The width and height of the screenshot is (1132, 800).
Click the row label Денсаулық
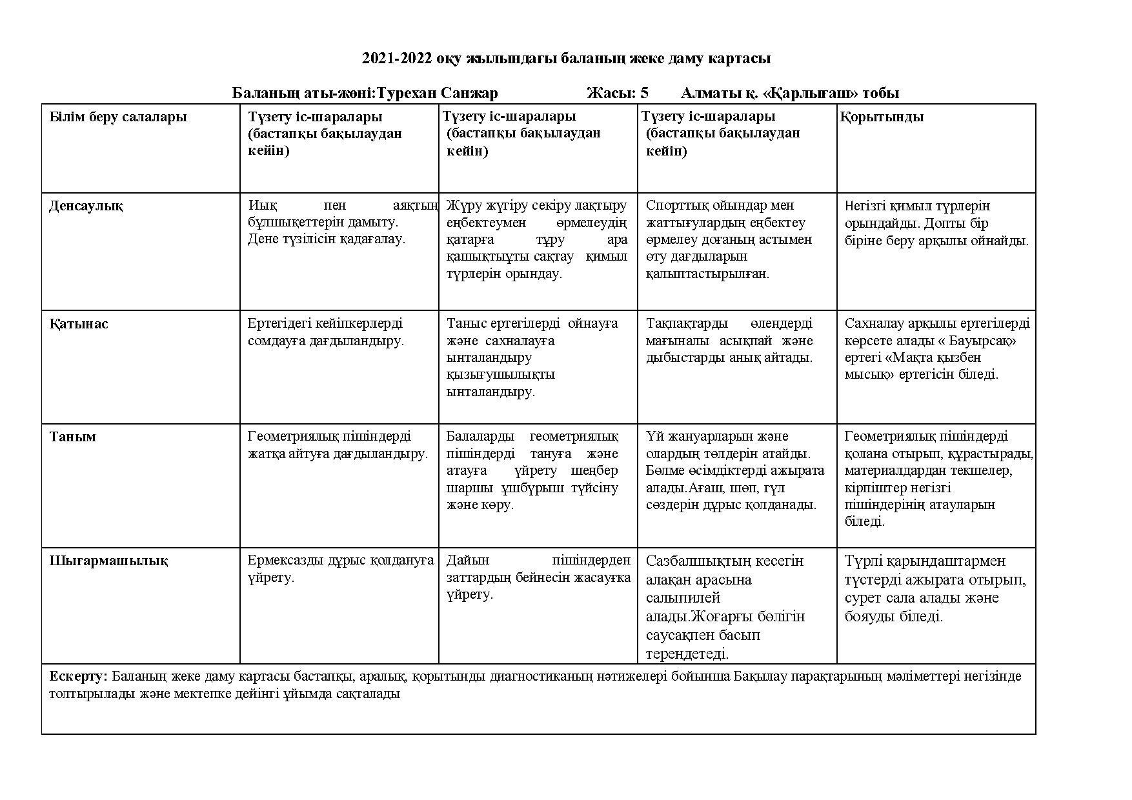tap(86, 206)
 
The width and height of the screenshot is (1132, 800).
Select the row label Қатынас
tap(79, 324)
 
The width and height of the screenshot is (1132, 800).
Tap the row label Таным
tap(72, 437)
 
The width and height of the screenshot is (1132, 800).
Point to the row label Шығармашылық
tap(108, 561)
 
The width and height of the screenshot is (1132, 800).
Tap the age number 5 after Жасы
tap(644, 93)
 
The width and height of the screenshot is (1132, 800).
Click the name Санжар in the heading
tap(469, 93)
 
